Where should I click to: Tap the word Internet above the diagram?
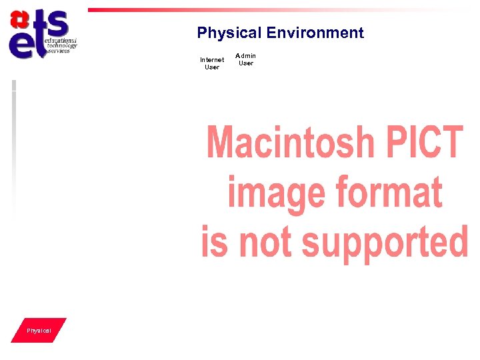212,60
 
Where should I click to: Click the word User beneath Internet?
212,67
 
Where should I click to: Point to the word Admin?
246,56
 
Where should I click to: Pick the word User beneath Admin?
246,63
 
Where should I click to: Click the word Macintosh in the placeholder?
291,142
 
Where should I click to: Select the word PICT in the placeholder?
423,142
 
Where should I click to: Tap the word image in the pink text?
277,193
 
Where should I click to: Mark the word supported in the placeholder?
383,243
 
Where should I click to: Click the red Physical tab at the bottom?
39,331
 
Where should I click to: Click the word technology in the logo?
61,46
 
